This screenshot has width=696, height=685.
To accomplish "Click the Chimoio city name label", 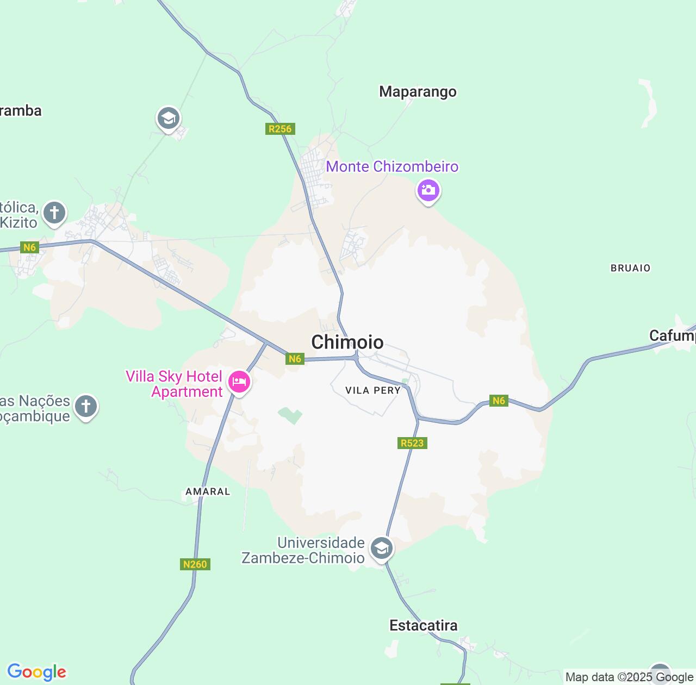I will [x=347, y=342].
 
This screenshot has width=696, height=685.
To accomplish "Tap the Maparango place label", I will [x=418, y=91].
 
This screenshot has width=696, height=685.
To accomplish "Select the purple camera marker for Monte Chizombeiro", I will [x=428, y=190].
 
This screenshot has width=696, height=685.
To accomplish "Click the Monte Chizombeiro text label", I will [x=392, y=166].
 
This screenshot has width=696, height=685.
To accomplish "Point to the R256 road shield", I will [x=280, y=129].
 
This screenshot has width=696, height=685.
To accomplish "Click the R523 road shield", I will [x=412, y=443].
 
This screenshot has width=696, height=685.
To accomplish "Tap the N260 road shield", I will [x=195, y=564].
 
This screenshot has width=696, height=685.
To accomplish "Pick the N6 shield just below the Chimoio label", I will [x=295, y=359].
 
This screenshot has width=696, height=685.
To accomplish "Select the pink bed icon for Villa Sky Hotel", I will [x=239, y=382].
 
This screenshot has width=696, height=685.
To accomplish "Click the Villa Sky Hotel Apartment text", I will [x=174, y=384].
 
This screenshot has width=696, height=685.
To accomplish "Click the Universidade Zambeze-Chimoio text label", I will [x=303, y=550].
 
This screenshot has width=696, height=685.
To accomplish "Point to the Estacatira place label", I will [x=424, y=625].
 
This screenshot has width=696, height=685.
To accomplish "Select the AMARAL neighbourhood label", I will [x=208, y=491].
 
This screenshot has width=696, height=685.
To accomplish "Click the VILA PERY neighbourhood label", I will [x=373, y=390].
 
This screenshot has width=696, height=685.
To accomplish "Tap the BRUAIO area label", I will [x=630, y=268].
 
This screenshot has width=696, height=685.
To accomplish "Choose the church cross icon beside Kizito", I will [x=54, y=213].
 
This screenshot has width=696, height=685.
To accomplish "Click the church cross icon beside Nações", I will [x=85, y=406].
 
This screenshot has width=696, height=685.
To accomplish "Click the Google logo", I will [x=36, y=672].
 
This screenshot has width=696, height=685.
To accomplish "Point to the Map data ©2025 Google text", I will [x=629, y=677].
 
